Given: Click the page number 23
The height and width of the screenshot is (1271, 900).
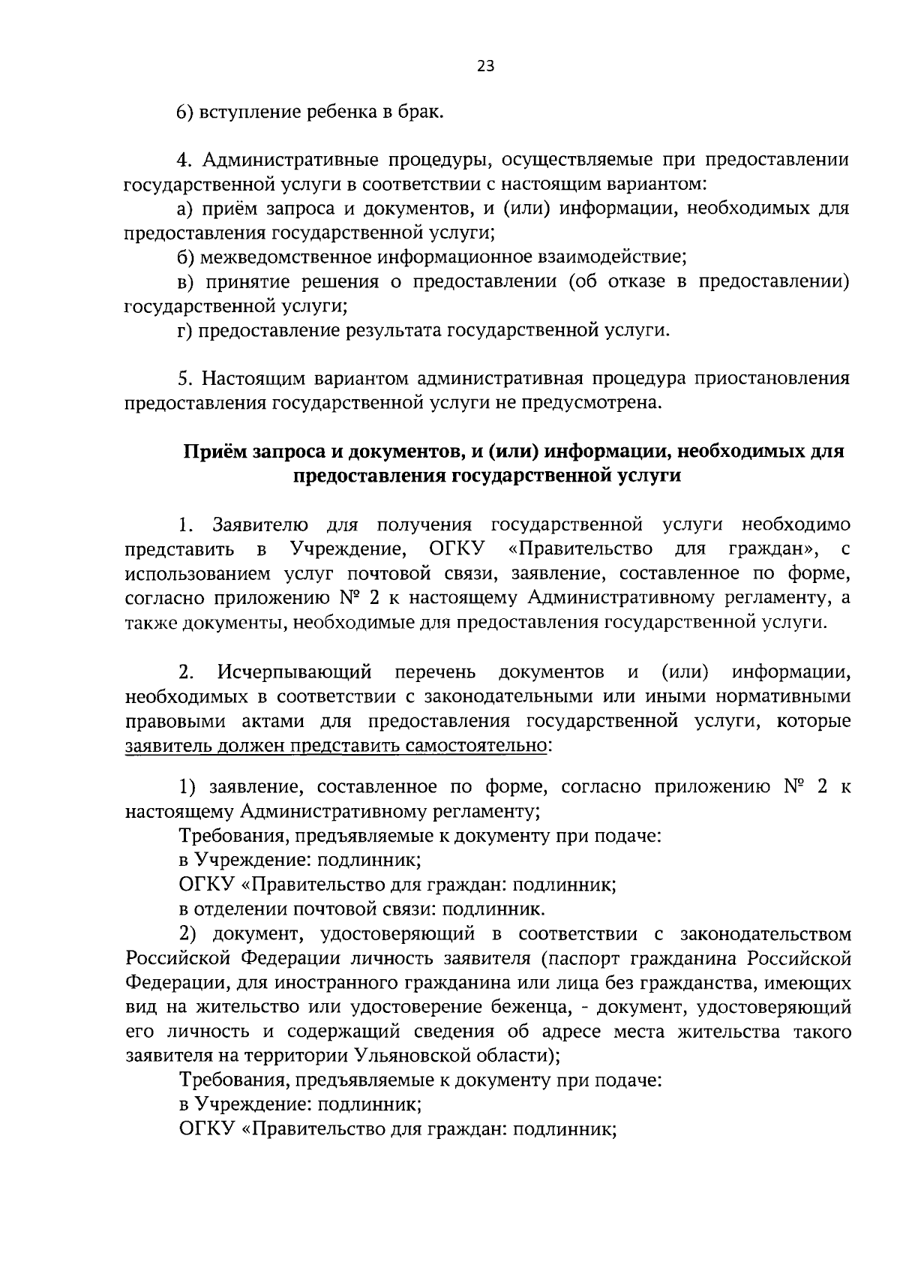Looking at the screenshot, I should (485, 66).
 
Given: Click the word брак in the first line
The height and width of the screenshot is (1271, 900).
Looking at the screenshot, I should (422, 113).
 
